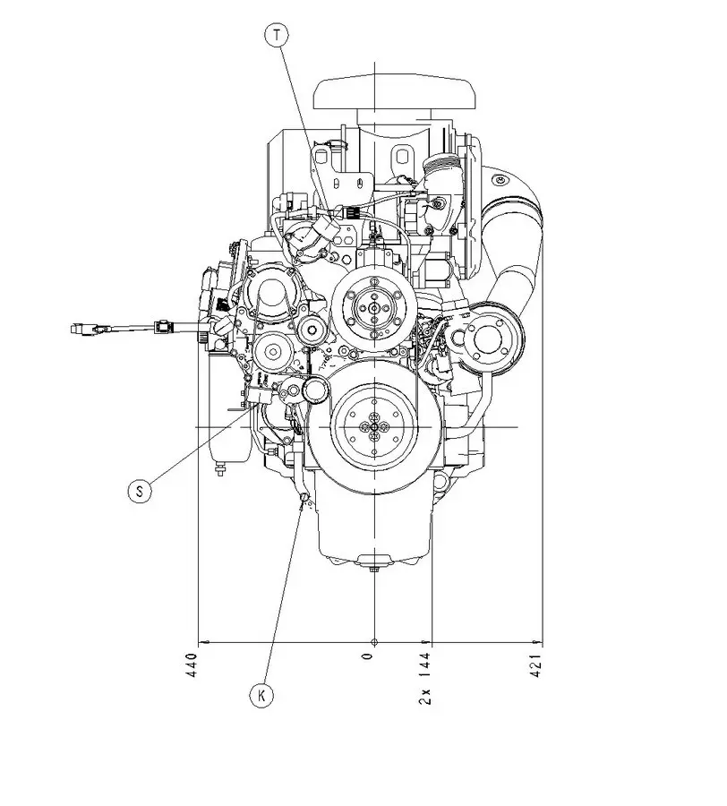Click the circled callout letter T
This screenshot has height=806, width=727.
click(278, 35)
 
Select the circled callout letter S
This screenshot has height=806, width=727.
click(139, 490)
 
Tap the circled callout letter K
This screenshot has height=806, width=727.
click(261, 695)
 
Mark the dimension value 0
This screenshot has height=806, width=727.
click(366, 658)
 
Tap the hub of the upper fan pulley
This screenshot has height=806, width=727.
click(370, 307)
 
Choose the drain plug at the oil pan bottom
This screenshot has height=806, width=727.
click(374, 562)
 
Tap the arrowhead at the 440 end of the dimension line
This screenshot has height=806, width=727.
click(201, 642)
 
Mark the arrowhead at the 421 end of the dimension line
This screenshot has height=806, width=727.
click(540, 642)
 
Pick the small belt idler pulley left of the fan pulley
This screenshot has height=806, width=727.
click(311, 329)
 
